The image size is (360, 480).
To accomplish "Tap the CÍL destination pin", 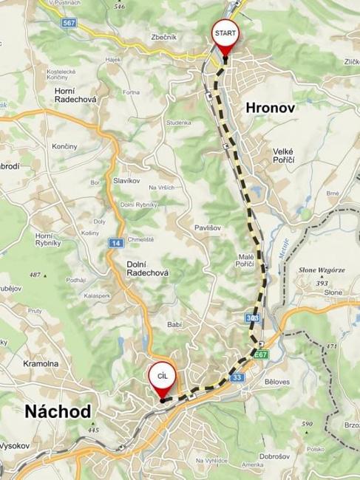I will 161,377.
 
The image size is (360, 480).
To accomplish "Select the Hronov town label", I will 271,108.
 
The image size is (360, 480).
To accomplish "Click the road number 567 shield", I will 69,23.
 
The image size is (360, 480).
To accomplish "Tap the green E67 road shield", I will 260,355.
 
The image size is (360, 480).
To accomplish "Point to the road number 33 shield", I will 237,378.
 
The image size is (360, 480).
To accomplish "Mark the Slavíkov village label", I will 127,181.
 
